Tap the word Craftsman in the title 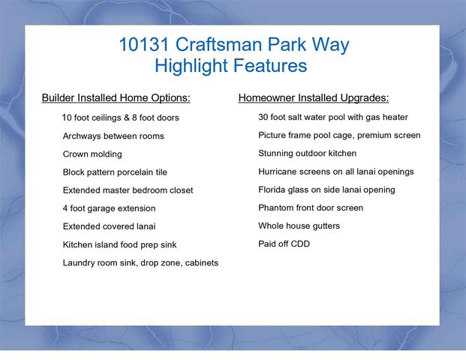coord(219,45)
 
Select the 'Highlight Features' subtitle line coord(230,66)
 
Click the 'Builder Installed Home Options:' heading coord(116,98)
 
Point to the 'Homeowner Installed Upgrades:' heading coord(313,98)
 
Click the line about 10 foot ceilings coord(120,118)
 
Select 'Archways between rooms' coord(113,136)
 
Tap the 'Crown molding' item coord(92,154)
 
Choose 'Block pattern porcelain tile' coord(115,172)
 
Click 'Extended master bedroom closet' coord(128,190)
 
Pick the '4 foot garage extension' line coord(109,208)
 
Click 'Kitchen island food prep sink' coord(119,244)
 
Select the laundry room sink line coord(140,262)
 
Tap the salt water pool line coord(333,118)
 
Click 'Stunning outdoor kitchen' coord(308,154)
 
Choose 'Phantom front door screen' coord(311,208)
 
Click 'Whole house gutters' coord(299,226)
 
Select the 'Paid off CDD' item coord(284,244)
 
